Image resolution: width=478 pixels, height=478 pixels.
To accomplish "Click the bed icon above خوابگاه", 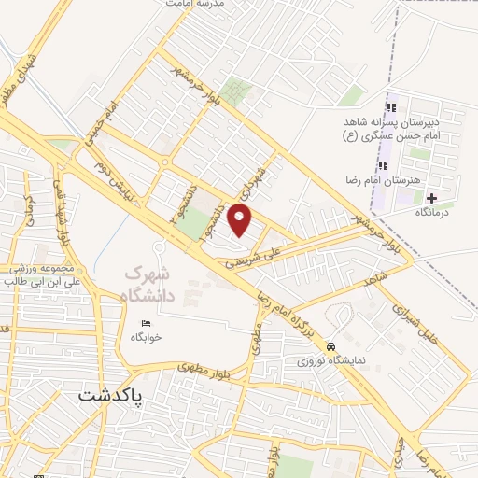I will coord(133,321).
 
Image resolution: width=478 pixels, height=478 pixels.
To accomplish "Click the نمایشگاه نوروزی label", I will coord(333,358).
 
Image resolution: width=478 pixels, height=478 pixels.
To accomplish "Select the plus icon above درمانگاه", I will coord(431,198).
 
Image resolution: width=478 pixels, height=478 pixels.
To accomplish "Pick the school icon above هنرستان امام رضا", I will coord(383,165).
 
